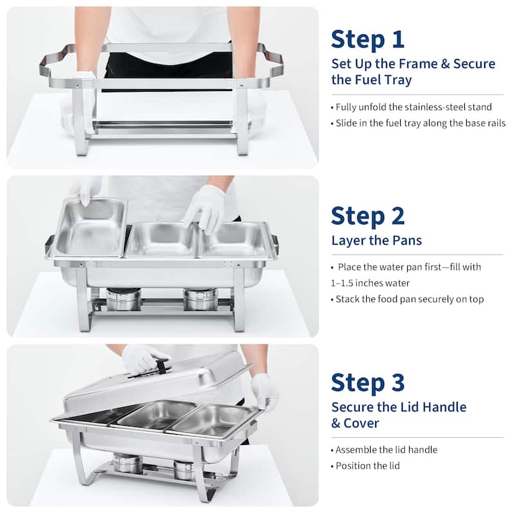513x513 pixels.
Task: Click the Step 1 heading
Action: click(x=367, y=39)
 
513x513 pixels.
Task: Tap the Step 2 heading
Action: click(x=368, y=216)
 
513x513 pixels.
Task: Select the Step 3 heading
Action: click(x=368, y=382)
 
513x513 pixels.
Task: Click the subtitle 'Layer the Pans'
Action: click(x=376, y=240)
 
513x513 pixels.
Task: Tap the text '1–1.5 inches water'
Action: click(x=370, y=283)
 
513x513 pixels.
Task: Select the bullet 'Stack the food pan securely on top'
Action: click(x=409, y=299)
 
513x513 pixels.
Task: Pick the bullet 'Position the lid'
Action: click(x=367, y=466)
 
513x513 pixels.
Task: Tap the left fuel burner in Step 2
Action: click(x=123, y=299)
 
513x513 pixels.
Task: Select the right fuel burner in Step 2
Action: click(x=200, y=299)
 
